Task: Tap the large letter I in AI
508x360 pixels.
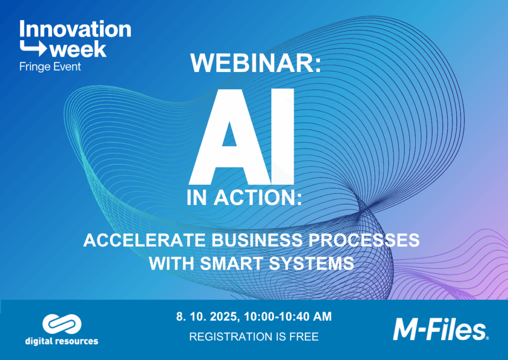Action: click(283, 137)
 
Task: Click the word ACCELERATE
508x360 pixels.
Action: click(144, 240)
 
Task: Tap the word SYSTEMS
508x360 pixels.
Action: click(311, 263)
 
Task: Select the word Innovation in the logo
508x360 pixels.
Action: click(75, 29)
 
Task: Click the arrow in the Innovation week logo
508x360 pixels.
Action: click(33, 48)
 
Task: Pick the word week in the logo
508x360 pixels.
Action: click(78, 50)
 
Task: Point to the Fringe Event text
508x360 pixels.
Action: click(50, 67)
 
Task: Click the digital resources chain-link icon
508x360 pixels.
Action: click(62, 324)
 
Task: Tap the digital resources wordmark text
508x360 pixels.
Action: click(62, 341)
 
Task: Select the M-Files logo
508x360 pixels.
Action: click(441, 330)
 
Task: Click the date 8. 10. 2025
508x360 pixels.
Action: click(208, 316)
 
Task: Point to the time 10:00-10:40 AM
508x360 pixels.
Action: click(288, 316)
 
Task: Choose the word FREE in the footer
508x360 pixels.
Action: click(304, 337)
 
